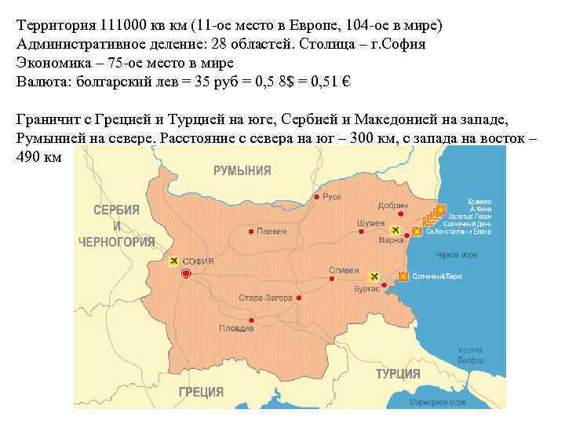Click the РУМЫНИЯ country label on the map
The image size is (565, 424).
[242, 170]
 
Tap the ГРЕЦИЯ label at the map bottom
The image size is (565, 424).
[201, 392]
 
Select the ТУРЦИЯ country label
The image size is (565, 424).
[398, 374]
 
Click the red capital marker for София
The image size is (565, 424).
[186, 273]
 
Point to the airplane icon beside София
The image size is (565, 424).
[173, 260]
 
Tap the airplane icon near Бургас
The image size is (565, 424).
[374, 276]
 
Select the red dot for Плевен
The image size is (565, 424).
[250, 232]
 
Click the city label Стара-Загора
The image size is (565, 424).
[265, 298]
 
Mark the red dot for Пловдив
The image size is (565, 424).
[250, 320]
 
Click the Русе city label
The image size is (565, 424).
[332, 196]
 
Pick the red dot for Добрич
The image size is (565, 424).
[400, 214]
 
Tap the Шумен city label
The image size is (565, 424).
[370, 223]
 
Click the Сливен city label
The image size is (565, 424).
[344, 270]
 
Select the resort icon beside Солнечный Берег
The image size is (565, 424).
[403, 276]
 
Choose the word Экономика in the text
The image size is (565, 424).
[51, 63]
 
